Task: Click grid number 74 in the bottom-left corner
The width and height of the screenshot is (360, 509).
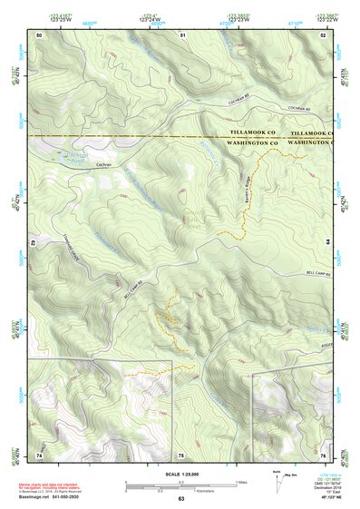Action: (39, 454)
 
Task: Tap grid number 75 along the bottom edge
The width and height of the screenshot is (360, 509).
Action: (180, 454)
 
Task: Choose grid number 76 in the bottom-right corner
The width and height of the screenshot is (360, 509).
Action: (323, 454)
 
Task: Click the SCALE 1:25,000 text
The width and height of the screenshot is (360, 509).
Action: (180, 475)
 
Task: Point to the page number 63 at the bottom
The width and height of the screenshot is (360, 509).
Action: (180, 499)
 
